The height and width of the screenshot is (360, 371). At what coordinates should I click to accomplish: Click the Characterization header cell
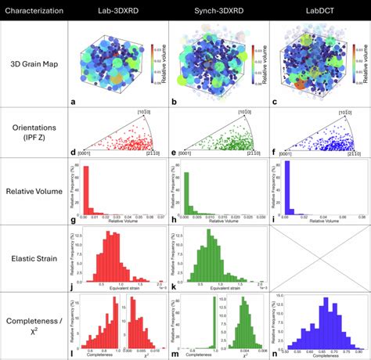coord(34,9)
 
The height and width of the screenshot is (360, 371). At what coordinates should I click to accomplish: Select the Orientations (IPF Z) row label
coord(34,131)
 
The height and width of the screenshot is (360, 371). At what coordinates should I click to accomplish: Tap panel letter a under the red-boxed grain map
coord(72,102)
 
